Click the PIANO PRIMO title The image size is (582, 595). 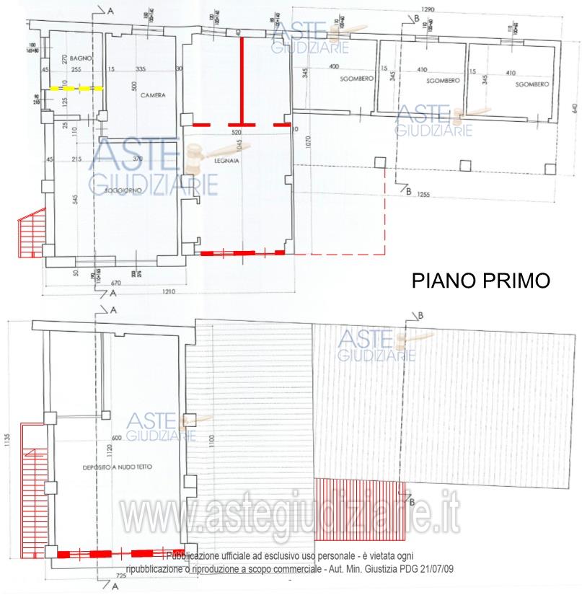pos(480,281)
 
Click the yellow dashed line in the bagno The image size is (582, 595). pos(76,88)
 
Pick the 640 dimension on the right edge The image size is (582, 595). pos(576,108)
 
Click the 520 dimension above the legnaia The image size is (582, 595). pos(236,133)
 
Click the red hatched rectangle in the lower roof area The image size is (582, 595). pos(358,509)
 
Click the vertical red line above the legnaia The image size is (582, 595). pos(242,80)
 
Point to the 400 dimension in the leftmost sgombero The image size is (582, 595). pos(333,67)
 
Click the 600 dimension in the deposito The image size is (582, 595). pos(116,438)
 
